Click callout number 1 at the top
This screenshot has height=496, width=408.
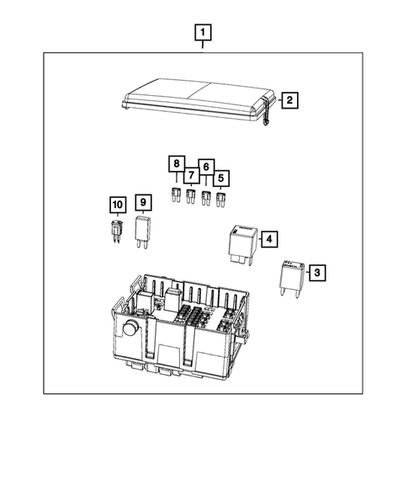[x=203, y=34]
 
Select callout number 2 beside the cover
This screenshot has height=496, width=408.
[x=289, y=101]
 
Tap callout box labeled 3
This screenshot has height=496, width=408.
[x=317, y=273]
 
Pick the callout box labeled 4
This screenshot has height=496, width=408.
[x=269, y=240]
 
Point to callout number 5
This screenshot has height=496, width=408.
[x=221, y=178]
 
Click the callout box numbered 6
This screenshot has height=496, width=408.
[x=206, y=168]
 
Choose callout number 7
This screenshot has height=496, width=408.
[x=192, y=175]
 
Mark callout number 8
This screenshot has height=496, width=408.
[x=177, y=164]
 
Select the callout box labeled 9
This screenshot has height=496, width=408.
[x=143, y=202]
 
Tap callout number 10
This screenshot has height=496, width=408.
[x=117, y=205]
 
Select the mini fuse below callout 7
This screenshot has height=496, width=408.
[x=190, y=200]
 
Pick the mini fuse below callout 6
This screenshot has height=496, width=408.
[x=206, y=200]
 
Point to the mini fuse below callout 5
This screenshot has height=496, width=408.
[x=222, y=200]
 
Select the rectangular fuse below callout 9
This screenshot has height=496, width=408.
[x=143, y=231]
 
